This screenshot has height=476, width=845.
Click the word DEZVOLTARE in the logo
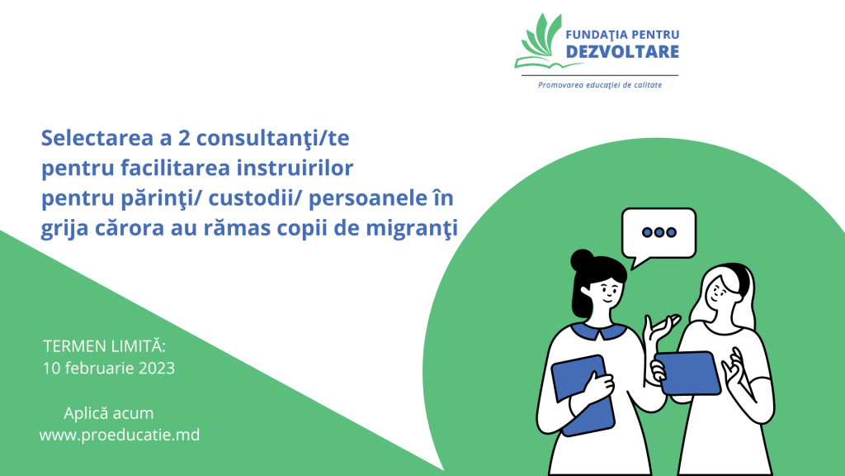[622, 52]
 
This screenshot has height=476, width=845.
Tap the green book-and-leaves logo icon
[539, 42]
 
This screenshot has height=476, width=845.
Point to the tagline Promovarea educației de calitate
[600, 85]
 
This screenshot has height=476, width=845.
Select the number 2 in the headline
[184, 138]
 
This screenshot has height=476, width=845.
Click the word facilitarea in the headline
[176, 168]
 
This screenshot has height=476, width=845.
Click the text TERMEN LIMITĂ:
[104, 345]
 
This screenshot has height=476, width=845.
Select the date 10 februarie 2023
[109, 368]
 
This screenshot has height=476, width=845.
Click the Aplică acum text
[109, 413]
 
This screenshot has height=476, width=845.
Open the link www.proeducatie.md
[120, 435]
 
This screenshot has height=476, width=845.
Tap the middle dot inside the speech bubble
[659, 232]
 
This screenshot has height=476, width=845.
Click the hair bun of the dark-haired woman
[583, 260]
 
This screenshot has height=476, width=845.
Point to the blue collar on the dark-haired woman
[599, 331]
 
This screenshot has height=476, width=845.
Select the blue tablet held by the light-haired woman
[687, 373]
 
